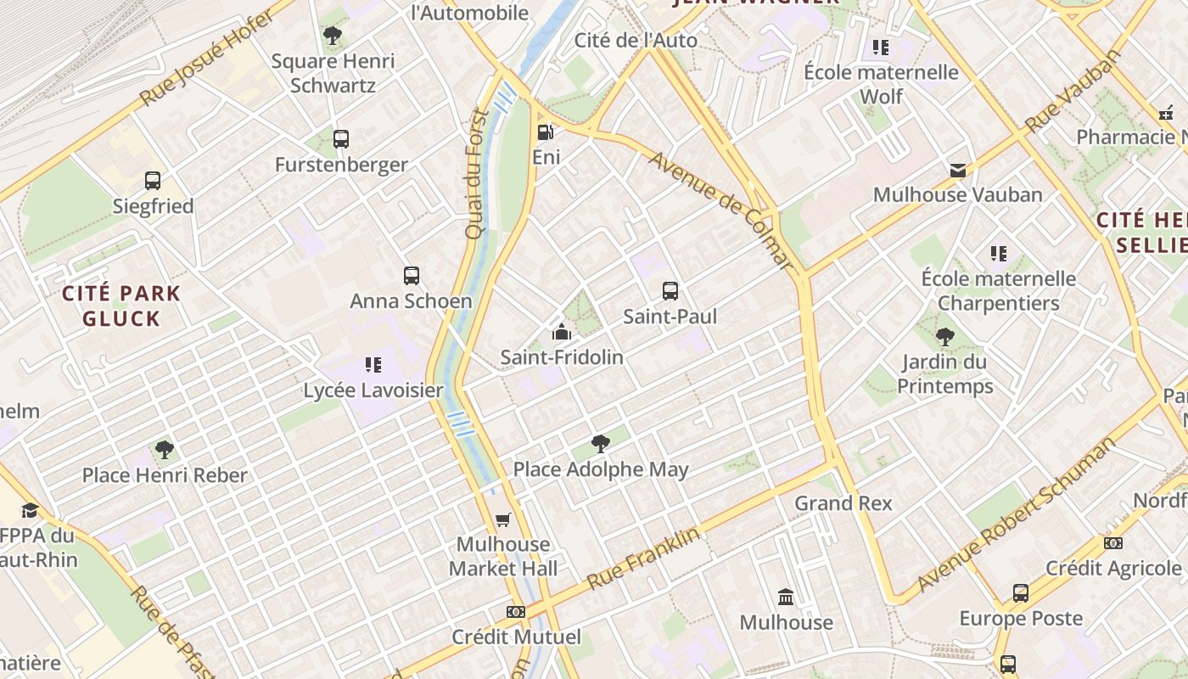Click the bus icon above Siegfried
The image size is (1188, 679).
[x=153, y=181]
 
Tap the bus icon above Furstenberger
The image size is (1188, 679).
[x=341, y=139]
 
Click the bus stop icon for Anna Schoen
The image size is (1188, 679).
[x=412, y=276]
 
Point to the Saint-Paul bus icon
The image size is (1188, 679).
[x=670, y=291]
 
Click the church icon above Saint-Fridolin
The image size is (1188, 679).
[x=561, y=332]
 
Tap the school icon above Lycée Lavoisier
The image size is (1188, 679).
[x=373, y=365]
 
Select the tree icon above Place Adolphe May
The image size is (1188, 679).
[x=601, y=443]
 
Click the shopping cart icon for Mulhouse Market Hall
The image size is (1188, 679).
[x=503, y=519]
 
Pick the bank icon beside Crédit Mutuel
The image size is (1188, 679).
[x=515, y=612]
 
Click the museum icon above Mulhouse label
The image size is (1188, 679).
[x=786, y=598]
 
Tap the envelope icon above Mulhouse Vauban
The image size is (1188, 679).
[x=958, y=171]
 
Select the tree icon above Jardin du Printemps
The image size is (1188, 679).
[x=945, y=337]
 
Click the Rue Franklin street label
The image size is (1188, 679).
[x=644, y=558]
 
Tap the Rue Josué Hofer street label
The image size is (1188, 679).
[x=208, y=58]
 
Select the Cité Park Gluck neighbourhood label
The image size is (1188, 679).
[x=121, y=306]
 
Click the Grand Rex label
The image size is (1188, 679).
[x=843, y=503]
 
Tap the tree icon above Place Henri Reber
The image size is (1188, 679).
[x=165, y=449]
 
